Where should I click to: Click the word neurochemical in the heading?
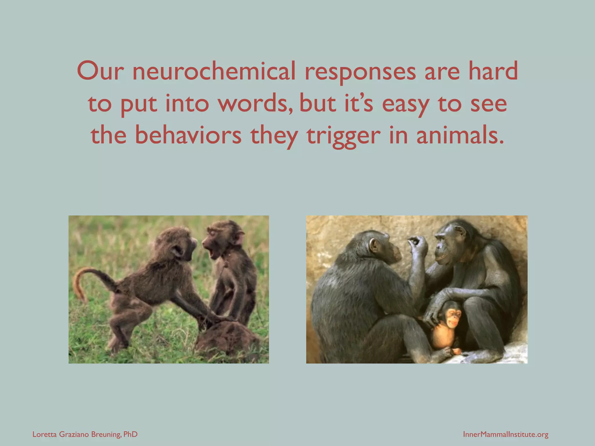(214, 71)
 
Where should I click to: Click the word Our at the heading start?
(99, 71)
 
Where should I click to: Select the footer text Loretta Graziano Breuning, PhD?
(85, 434)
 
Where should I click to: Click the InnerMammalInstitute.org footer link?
(506, 434)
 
